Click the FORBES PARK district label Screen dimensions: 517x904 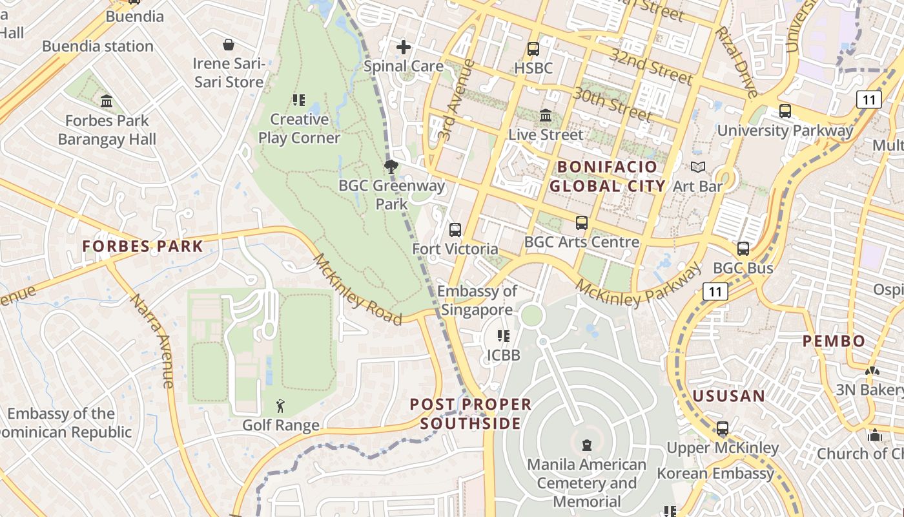[142, 246]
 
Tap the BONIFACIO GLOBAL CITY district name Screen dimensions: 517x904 [607, 176]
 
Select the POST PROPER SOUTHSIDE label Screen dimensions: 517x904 [471, 414]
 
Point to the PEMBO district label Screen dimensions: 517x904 [834, 341]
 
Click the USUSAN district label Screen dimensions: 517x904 [728, 396]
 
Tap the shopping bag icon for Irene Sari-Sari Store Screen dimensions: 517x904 [229, 45]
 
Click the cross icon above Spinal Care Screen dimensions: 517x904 [404, 47]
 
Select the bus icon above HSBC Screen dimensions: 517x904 [533, 48]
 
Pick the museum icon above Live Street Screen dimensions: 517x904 [546, 116]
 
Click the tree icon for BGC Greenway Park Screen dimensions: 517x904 [391, 167]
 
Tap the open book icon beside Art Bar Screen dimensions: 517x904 [697, 167]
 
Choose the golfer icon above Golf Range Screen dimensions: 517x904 [280, 406]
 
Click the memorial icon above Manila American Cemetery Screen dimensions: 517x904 [586, 445]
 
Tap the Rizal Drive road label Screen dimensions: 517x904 [735, 62]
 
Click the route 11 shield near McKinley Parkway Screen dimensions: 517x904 [715, 291]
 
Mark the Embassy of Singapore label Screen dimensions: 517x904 [477, 301]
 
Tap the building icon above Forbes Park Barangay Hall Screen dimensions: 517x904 [107, 101]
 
